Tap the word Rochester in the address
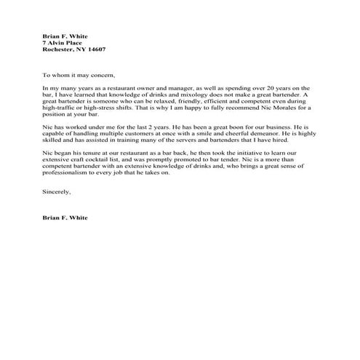58,49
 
